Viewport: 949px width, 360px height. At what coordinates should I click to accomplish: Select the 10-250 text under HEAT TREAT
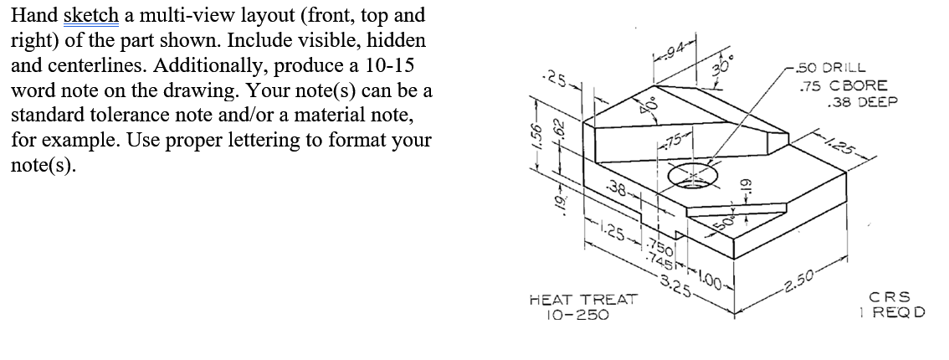[577, 315]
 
